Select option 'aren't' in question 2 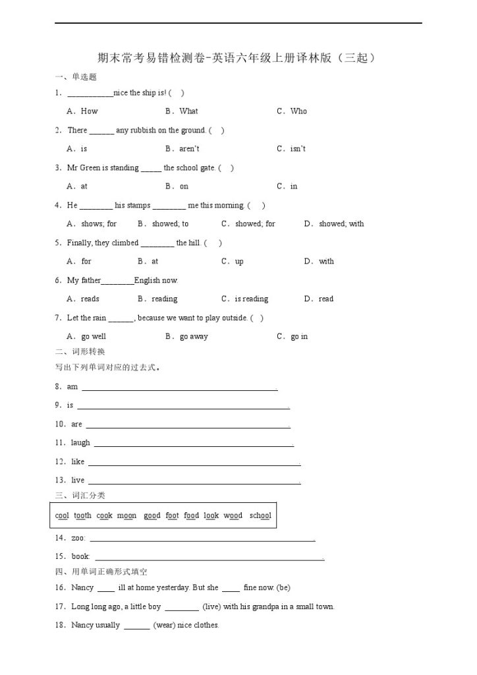(x=189, y=149)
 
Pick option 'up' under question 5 (x=239, y=262)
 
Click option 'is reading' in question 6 (x=251, y=299)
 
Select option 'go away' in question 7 (x=194, y=337)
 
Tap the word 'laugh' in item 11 (x=80, y=443)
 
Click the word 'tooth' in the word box (x=82, y=516)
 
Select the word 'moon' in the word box (x=126, y=516)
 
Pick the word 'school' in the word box (x=260, y=516)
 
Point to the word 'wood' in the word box (x=233, y=516)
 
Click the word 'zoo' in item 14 (x=77, y=539)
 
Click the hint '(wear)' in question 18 (x=164, y=626)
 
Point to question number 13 (x=60, y=481)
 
